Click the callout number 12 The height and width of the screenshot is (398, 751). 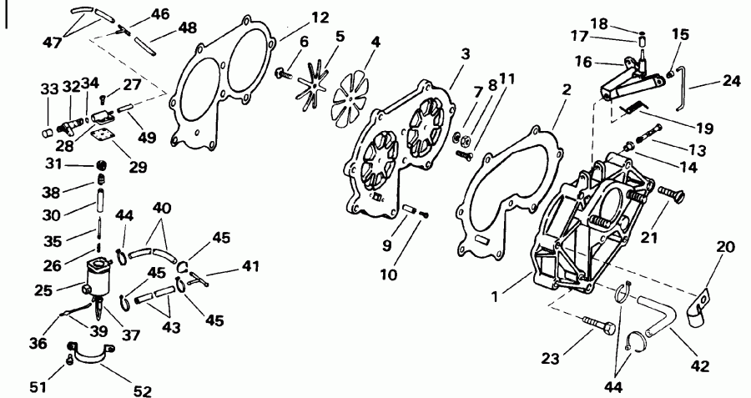296,16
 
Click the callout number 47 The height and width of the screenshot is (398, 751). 52,42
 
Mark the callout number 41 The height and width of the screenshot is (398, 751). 249,267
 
